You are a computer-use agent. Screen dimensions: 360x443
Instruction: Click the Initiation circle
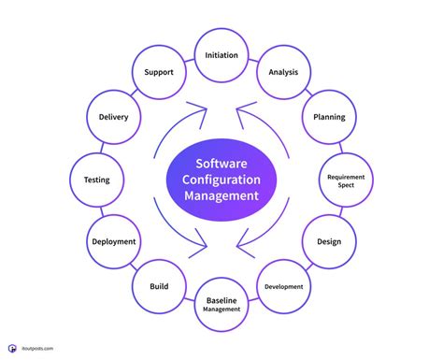(221, 55)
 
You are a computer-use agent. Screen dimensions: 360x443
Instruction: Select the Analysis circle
(283, 72)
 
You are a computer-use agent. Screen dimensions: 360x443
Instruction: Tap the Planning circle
(328, 117)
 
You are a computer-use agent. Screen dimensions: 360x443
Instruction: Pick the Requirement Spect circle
(346, 180)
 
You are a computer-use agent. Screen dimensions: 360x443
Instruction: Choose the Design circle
(328, 242)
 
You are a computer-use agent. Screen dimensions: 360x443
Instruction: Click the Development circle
(283, 287)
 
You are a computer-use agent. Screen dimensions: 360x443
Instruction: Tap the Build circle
(158, 286)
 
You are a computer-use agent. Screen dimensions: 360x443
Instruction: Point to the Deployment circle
(114, 241)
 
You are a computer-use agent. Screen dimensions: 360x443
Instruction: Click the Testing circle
(96, 180)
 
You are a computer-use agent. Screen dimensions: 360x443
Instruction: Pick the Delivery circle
(113, 117)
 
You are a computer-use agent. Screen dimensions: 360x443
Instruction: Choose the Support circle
(159, 72)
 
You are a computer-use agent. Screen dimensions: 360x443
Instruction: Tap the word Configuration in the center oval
(221, 179)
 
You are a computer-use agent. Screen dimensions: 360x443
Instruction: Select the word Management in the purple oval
(221, 196)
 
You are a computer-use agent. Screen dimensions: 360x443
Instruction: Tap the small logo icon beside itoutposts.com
(12, 349)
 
